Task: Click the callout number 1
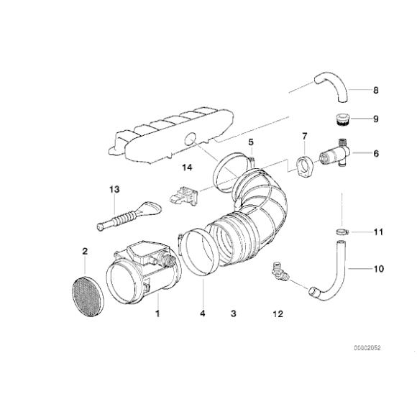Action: click(x=157, y=313)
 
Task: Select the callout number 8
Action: click(x=375, y=91)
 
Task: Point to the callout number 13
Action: click(x=112, y=189)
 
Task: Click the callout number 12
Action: click(x=278, y=313)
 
